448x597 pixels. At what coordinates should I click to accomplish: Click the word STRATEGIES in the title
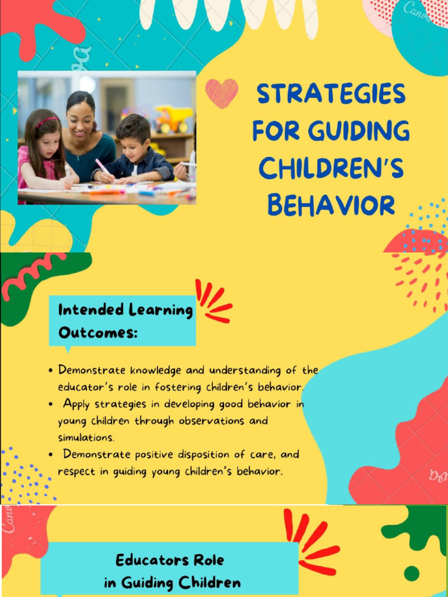pyautogui.click(x=331, y=94)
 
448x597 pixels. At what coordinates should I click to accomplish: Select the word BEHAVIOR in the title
pyautogui.click(x=331, y=205)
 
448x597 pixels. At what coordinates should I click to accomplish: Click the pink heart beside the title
pyautogui.click(x=222, y=93)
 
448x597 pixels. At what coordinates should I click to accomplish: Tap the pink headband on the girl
pyautogui.click(x=47, y=121)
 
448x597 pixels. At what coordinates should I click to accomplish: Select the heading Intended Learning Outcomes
pyautogui.click(x=125, y=321)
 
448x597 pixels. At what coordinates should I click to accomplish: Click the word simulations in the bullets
pyautogui.click(x=86, y=437)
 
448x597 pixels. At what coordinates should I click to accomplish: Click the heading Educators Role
pyautogui.click(x=170, y=561)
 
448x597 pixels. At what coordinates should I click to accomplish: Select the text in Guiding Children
pyautogui.click(x=172, y=582)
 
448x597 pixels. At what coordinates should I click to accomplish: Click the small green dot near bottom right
pyautogui.click(x=411, y=574)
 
